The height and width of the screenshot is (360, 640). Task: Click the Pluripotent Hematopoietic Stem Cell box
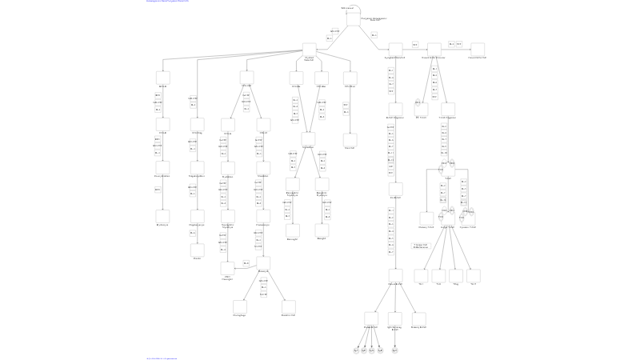tap(353, 18)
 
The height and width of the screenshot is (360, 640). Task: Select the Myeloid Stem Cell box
tap(310, 49)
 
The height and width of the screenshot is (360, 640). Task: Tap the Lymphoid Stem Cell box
tap(395, 49)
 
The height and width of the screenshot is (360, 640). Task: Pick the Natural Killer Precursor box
tap(434, 49)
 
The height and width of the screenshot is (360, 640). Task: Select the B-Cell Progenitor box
tap(395, 109)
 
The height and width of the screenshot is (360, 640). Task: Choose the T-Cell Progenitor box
tap(448, 109)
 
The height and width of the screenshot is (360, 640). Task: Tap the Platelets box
tap(197, 250)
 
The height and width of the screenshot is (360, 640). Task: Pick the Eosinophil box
tap(293, 230)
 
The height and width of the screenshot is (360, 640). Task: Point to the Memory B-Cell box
tap(418, 318)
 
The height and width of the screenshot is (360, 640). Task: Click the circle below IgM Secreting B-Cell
tap(395, 350)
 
